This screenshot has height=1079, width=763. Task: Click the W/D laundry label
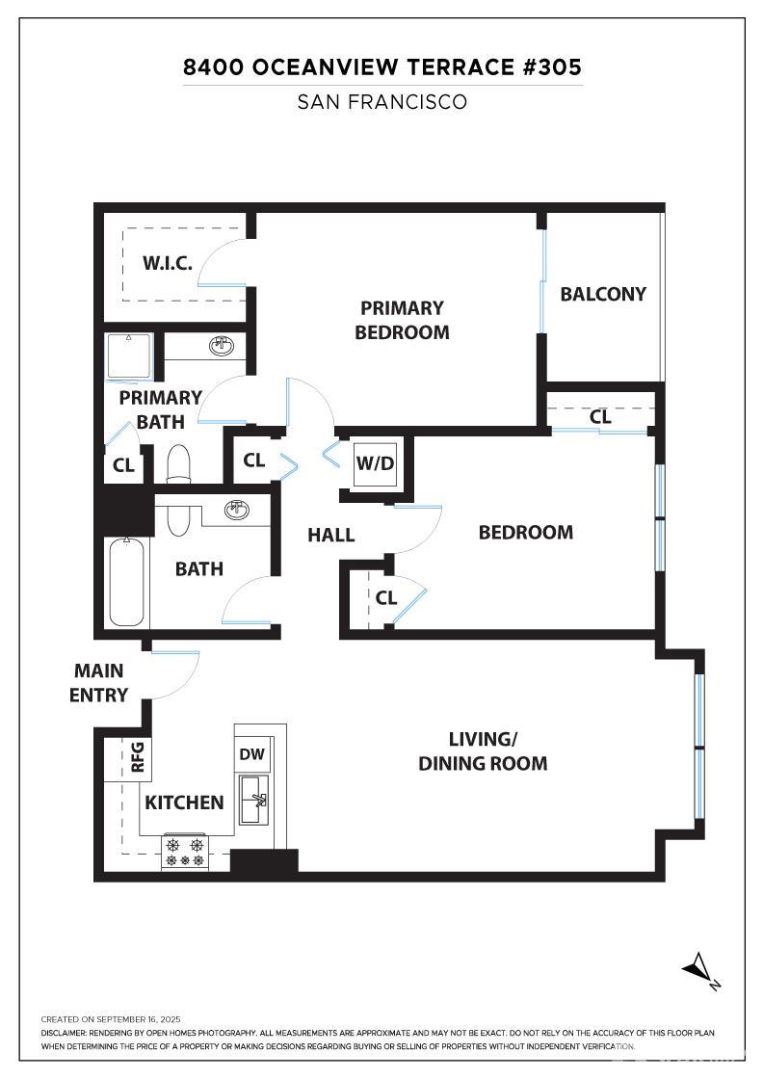(x=375, y=461)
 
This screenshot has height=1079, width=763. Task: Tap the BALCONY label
(x=603, y=294)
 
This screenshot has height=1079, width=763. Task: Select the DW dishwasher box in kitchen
(x=253, y=754)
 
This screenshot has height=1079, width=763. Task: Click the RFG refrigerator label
(x=137, y=756)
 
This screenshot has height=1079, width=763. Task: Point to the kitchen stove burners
(x=185, y=851)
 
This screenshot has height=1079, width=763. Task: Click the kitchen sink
(x=254, y=799)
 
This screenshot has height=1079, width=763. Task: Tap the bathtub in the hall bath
(x=127, y=582)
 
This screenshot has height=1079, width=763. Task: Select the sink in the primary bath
(x=223, y=345)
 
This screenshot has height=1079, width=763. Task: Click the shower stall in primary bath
(x=128, y=356)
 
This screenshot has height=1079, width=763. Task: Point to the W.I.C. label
(x=168, y=263)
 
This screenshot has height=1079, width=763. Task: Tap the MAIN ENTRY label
(x=99, y=682)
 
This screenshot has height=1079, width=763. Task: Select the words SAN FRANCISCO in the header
(x=381, y=102)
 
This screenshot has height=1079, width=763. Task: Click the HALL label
(x=331, y=535)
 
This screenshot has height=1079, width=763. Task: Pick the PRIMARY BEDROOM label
(x=402, y=320)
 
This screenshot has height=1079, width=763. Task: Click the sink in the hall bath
(x=236, y=510)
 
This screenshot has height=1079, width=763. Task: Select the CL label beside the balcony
(x=600, y=417)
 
